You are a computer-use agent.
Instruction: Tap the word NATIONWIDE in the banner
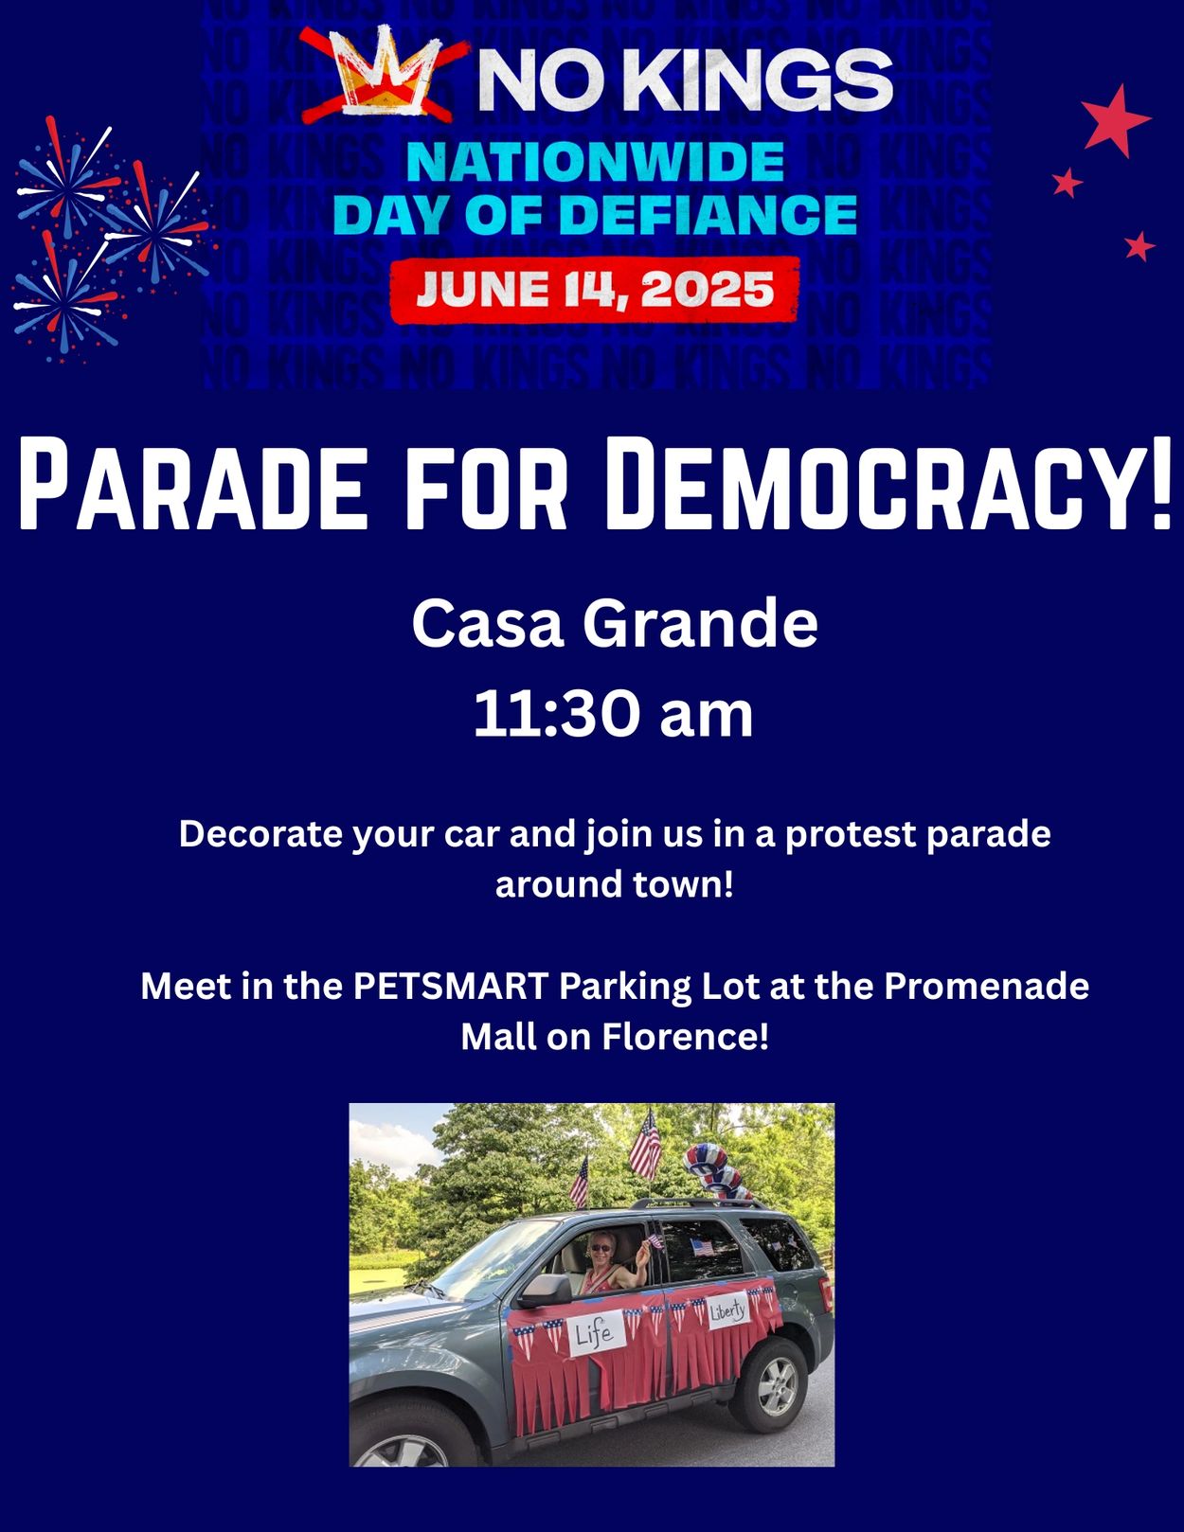click(x=595, y=162)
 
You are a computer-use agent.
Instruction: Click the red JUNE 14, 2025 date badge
click(x=595, y=290)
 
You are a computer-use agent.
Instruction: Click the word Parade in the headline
click(x=192, y=485)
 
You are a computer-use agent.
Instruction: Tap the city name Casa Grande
click(x=614, y=623)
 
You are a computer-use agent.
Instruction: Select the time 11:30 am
click(x=613, y=714)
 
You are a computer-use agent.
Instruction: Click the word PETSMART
click(x=451, y=986)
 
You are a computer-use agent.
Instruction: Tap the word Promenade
click(x=987, y=986)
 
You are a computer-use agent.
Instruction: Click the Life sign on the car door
click(x=597, y=1332)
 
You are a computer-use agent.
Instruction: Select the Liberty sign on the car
click(x=727, y=1310)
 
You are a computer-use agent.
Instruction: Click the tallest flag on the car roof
click(x=644, y=1145)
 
